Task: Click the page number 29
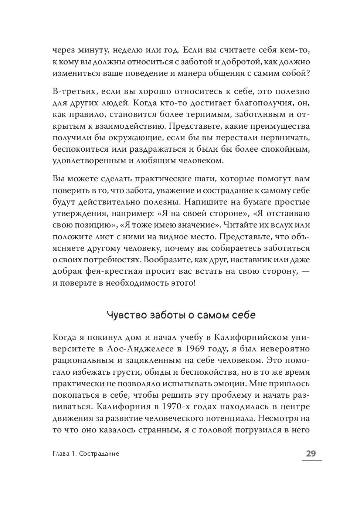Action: [x=311, y=453]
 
